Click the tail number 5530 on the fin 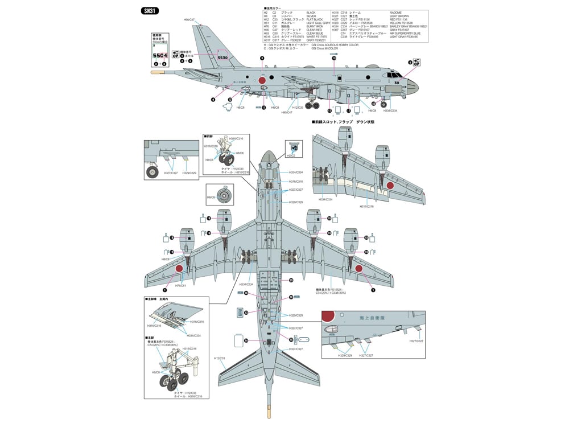click(222, 57)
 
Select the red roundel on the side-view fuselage click(262, 81)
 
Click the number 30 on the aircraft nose click(396, 81)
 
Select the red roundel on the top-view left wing click(179, 268)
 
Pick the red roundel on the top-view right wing click(359, 268)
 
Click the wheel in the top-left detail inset click(153, 171)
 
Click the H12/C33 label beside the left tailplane click(220, 359)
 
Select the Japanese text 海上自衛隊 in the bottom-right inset click(373, 319)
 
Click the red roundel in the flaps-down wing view click(390, 185)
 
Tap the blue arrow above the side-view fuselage click(333, 53)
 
